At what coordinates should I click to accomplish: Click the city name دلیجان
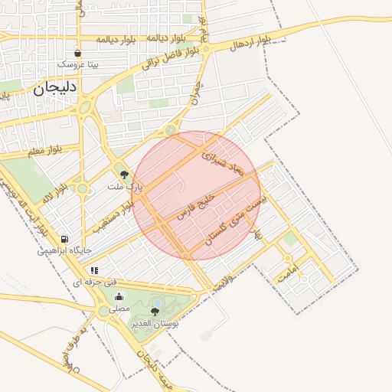click(54, 87)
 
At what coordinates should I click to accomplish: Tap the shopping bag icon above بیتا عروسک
click(78, 54)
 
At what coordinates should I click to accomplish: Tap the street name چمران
click(196, 91)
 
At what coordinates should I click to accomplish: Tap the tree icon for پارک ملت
click(124, 175)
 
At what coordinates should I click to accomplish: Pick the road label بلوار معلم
click(42, 153)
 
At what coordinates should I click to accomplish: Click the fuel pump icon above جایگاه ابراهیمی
click(64, 240)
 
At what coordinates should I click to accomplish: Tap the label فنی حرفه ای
click(88, 282)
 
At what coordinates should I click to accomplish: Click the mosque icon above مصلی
click(119, 297)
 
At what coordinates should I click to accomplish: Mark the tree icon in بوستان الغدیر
click(155, 312)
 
